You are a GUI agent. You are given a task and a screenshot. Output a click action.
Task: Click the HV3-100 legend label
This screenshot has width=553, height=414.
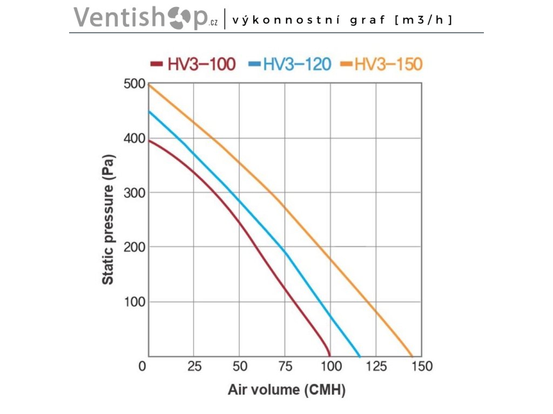[201, 65]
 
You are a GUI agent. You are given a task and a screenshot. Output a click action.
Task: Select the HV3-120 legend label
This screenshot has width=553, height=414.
[296, 65]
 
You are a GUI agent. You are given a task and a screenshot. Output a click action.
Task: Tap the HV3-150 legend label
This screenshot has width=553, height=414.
[388, 65]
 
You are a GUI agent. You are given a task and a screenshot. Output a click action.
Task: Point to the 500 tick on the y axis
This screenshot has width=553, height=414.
[135, 84]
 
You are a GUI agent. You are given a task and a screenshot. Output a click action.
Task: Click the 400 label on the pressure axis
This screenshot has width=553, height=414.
[135, 139]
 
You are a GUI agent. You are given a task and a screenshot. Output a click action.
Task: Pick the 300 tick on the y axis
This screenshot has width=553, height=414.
[135, 192]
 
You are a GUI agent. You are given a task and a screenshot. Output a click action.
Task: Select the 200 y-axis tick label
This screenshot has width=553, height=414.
[135, 247]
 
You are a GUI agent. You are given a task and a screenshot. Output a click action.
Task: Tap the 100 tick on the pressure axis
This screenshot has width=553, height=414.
[135, 301]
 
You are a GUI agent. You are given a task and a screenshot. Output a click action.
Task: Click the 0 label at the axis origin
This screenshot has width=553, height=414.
[143, 367]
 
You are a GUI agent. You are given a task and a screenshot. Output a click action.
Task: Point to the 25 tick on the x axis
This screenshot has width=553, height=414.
[194, 367]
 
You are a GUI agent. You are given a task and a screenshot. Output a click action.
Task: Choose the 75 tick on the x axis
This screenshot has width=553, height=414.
[285, 367]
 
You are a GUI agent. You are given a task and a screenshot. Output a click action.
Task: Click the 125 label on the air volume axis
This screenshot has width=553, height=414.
[376, 367]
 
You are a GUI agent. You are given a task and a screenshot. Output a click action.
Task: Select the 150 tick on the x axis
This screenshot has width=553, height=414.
[422, 367]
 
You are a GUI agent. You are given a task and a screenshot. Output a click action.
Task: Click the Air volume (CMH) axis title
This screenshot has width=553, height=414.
[286, 390]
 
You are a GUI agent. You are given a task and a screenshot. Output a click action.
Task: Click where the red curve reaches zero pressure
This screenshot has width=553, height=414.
[329, 355]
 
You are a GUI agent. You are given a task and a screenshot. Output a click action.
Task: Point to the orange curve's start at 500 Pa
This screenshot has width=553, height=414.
[149, 85]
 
